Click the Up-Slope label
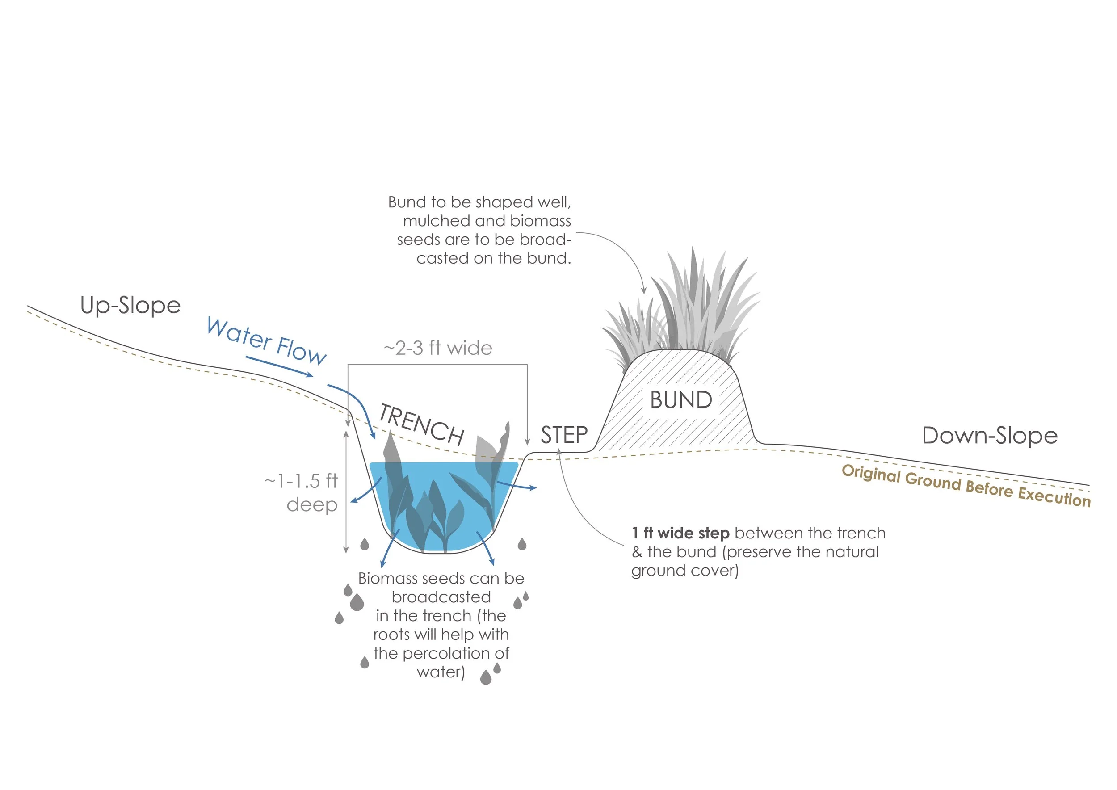(x=130, y=306)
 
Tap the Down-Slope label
(x=990, y=435)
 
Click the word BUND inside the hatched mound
(x=681, y=400)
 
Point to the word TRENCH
(x=421, y=424)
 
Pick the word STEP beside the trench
(x=564, y=435)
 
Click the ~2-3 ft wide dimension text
(x=438, y=348)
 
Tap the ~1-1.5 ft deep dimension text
(x=302, y=492)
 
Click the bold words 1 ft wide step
(x=680, y=533)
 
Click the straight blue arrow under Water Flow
(x=279, y=366)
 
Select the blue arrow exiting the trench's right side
(x=517, y=485)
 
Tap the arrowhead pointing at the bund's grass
(x=644, y=291)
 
